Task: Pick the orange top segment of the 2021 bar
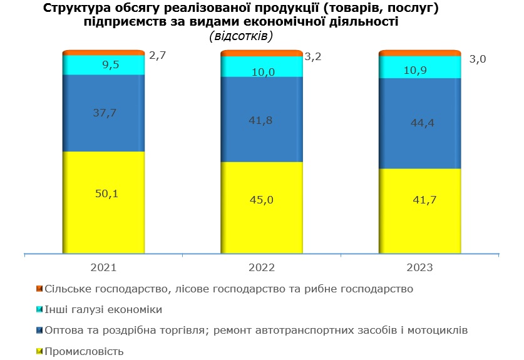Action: point(104,53)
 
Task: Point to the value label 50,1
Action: point(106,194)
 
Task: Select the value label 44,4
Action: point(422,123)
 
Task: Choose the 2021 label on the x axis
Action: point(103,267)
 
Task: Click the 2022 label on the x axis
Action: point(262,267)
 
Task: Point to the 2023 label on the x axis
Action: point(419,267)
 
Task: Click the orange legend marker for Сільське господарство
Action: point(39,289)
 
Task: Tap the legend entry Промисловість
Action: point(85,351)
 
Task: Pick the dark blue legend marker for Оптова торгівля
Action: point(39,330)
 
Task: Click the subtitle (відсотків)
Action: point(240,36)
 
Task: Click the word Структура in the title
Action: point(78,9)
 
